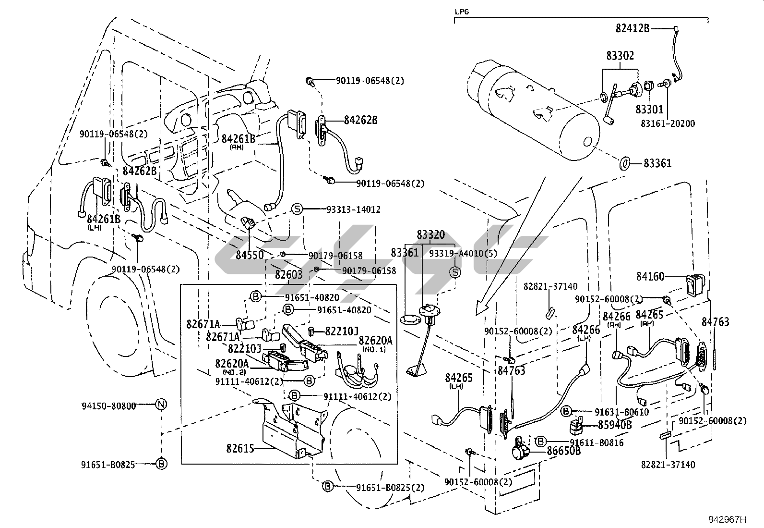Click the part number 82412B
click(632, 28)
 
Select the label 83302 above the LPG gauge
click(620, 56)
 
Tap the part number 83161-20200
click(668, 123)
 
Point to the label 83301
click(649, 110)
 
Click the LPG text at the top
click(462, 11)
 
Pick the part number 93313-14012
click(353, 209)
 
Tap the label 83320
click(430, 235)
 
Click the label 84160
click(650, 276)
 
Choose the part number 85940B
click(615, 425)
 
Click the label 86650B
click(564, 451)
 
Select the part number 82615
click(240, 448)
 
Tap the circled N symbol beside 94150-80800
click(161, 405)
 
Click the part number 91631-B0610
click(621, 412)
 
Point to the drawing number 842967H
click(728, 520)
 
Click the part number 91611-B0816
click(597, 442)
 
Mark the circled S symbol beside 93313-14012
click(297, 209)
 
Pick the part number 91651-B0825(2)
click(390, 487)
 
